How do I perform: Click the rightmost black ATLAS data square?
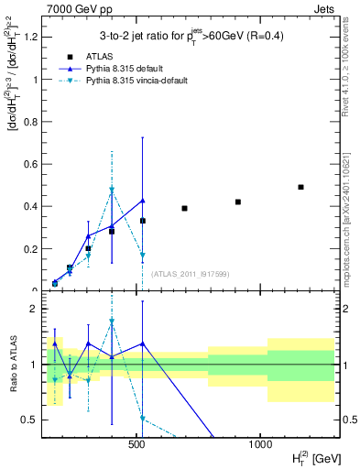300,187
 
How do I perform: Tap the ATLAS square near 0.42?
238,202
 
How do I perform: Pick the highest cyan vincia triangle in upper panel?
112,191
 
